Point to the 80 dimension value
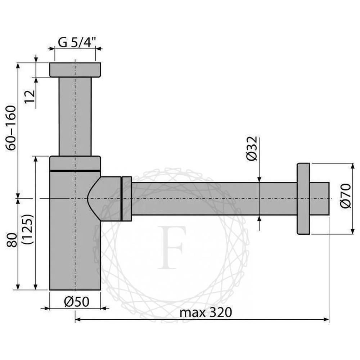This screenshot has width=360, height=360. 12,239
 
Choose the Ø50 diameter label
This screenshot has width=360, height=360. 77,302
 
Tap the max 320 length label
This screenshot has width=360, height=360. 206,312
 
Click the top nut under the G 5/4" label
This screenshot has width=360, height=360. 75,69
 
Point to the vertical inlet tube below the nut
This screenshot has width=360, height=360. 75,115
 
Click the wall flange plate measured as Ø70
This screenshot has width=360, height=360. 303,199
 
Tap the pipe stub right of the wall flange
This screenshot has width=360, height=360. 319,198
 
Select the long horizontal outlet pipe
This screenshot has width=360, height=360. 212,198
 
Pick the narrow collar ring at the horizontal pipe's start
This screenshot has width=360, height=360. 127,198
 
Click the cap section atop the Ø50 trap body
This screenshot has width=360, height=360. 75,163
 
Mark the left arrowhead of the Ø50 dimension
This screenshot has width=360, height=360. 45,308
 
